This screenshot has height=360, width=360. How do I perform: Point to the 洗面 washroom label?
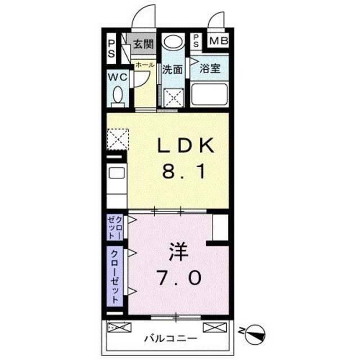click(x=173, y=70)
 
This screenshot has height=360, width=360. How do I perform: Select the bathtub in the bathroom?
click(x=209, y=93)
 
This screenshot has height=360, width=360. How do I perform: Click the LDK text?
click(x=185, y=147)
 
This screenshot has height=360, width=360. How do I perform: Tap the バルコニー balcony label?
click(x=169, y=339)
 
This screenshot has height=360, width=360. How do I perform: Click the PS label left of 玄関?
click(x=111, y=48)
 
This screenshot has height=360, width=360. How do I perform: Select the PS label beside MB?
click(x=196, y=41)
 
